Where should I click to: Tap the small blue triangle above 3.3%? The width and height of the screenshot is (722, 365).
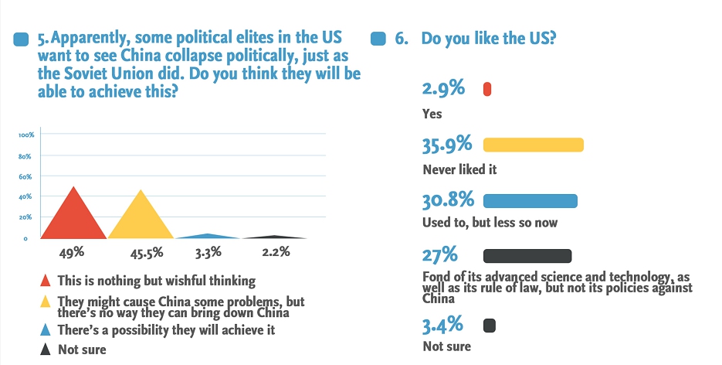(x=205, y=236)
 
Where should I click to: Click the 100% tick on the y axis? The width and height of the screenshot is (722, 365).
(x=25, y=135)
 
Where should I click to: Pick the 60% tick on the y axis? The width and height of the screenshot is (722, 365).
(x=25, y=176)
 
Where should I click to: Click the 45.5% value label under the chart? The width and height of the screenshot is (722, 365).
(x=141, y=252)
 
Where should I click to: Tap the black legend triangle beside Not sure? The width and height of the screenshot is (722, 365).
(x=45, y=349)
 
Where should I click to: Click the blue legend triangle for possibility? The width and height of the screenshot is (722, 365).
(x=45, y=330)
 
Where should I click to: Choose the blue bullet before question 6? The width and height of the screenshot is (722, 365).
(x=378, y=39)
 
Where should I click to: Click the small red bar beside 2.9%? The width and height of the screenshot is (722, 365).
(x=487, y=90)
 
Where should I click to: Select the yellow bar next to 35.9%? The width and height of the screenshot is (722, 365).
(x=533, y=145)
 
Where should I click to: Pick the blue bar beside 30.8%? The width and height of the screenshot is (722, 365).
(x=530, y=201)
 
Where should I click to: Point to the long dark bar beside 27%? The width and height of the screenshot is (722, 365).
(x=527, y=257)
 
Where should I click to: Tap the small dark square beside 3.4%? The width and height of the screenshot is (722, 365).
(x=489, y=325)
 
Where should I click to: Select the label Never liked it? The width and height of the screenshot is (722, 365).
(x=459, y=169)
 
